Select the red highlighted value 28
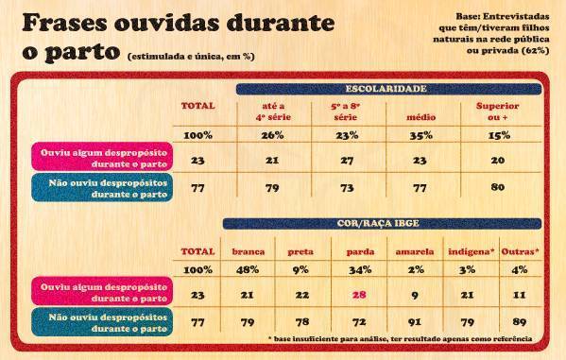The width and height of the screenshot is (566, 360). [359, 296]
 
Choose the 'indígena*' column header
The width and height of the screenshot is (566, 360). [468, 253]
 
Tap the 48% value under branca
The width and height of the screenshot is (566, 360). [248, 270]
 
